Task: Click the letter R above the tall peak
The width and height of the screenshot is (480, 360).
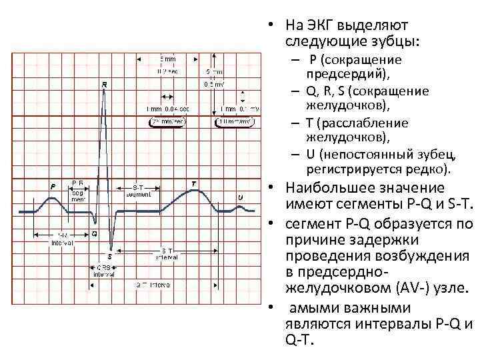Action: click(x=105, y=85)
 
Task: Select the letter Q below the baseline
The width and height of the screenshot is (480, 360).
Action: click(x=94, y=234)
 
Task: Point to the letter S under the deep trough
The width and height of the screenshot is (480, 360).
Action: click(x=110, y=255)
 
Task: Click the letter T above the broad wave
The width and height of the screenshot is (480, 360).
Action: click(x=193, y=183)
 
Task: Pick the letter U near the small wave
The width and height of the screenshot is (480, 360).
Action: click(x=240, y=197)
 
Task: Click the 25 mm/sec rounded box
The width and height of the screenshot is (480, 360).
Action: click(x=167, y=122)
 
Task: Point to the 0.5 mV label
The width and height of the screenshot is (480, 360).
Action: click(x=214, y=84)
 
